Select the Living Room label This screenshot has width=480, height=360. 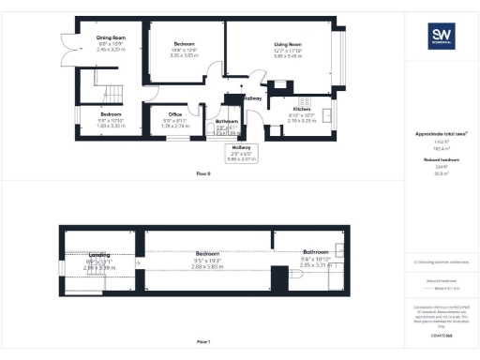coord(287,44)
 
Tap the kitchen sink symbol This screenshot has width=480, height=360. coord(327,116)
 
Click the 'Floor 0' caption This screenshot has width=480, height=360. coord(203,174)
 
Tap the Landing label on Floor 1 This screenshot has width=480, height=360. coord(99,254)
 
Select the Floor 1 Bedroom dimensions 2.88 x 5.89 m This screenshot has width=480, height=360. coord(206,267)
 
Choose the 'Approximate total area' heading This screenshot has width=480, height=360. coord(441,134)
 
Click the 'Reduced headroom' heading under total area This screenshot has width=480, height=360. coord(441,160)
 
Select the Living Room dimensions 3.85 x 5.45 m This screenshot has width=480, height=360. coord(287,57)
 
